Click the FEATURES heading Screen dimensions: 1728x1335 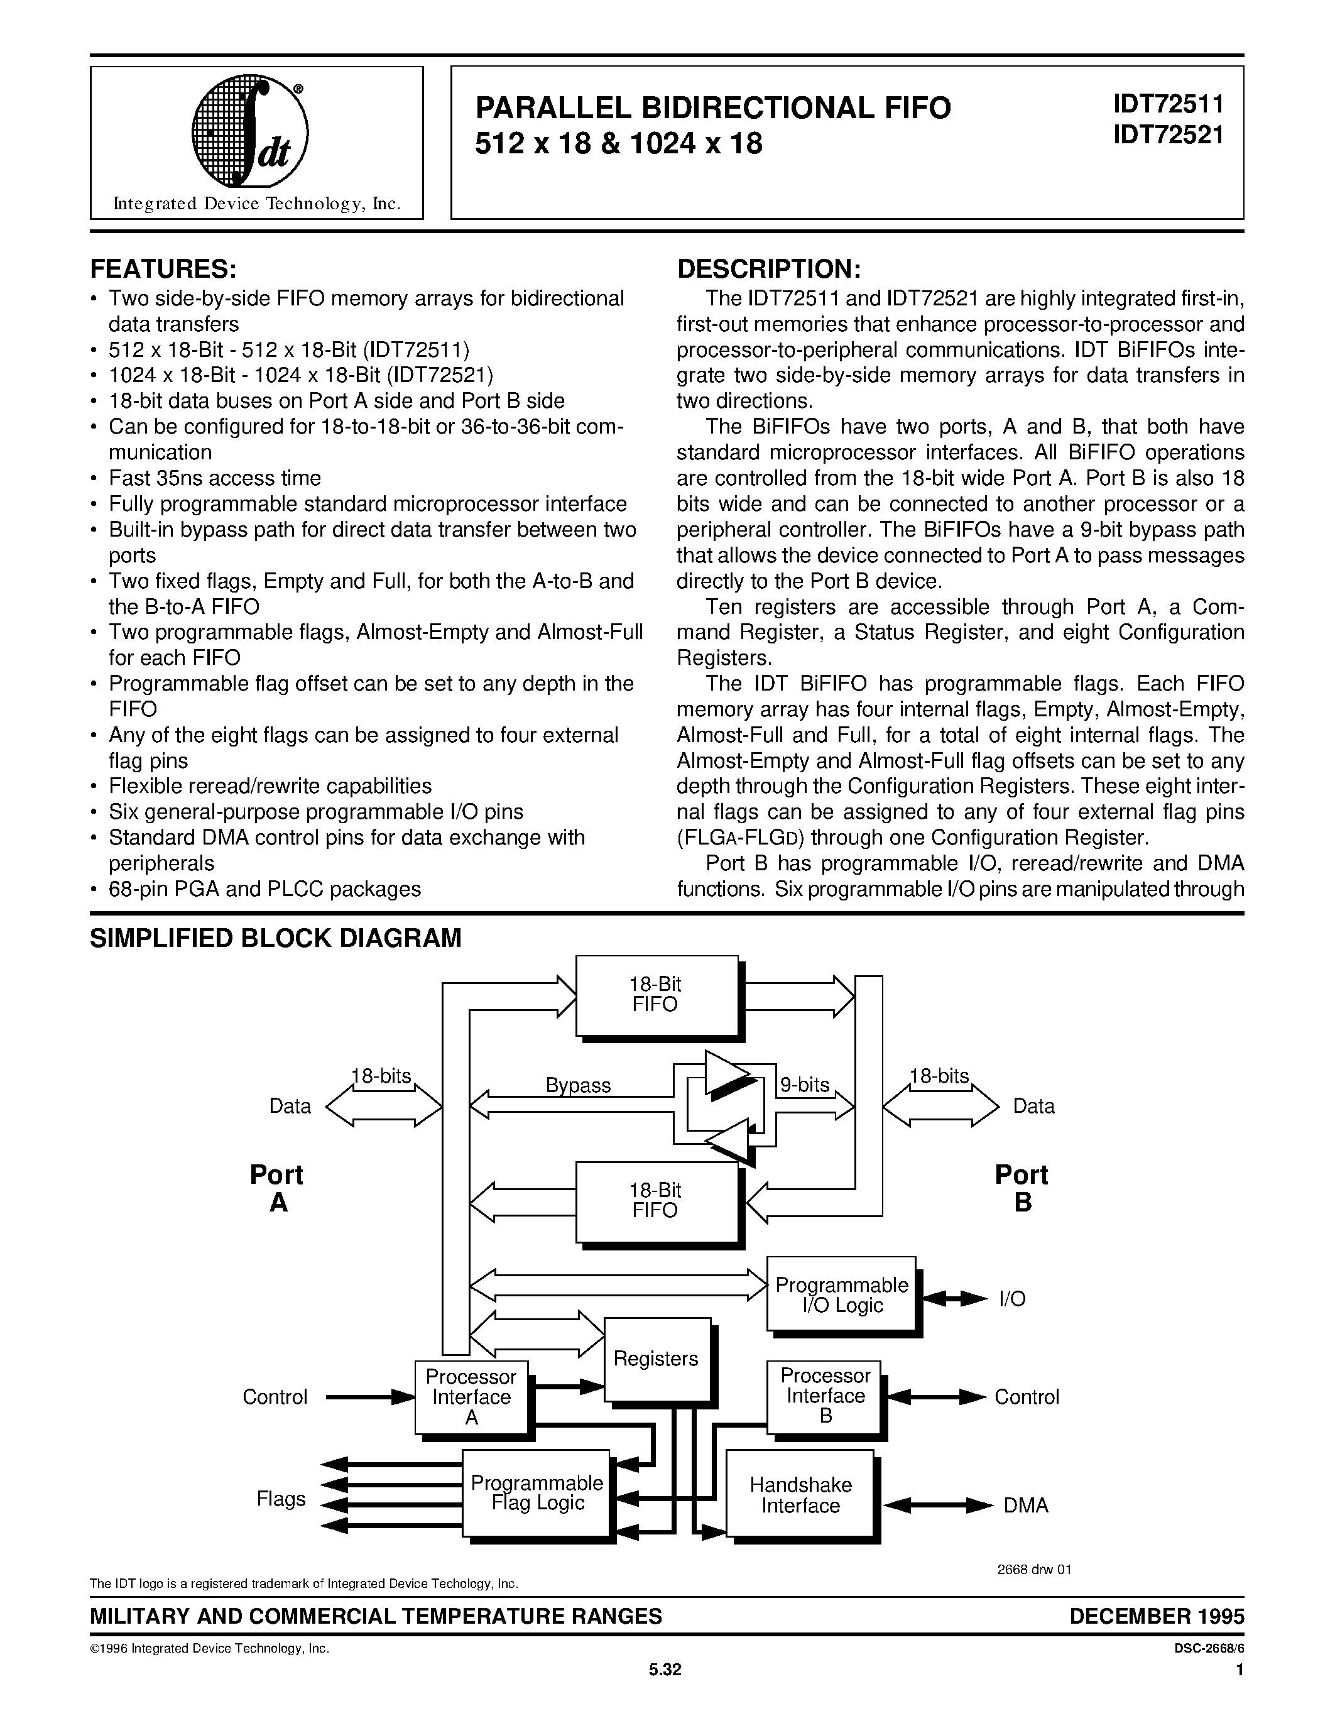164,269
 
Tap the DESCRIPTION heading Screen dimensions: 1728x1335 769,269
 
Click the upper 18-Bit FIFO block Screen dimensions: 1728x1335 656,995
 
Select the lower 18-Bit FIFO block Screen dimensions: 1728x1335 656,1200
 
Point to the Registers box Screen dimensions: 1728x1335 657,1359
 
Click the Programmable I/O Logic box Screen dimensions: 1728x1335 841,1294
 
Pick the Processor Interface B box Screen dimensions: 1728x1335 825,1396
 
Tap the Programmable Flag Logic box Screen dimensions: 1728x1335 537,1492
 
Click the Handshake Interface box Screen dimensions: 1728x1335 800,1495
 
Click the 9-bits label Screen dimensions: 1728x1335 804,1084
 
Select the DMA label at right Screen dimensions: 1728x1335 1026,1506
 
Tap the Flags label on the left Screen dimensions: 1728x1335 281,1499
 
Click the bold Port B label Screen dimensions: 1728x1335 1022,1188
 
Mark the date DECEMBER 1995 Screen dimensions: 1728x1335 1156,1616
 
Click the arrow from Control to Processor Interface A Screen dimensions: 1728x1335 370,1397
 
